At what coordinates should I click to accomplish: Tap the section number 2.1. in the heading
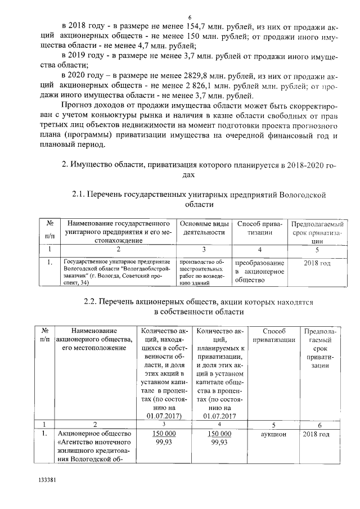83,195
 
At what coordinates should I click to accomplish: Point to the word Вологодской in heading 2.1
304,195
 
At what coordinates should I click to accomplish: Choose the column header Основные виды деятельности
204,228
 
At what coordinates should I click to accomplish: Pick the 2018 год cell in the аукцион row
319,435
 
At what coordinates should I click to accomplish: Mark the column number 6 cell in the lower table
319,424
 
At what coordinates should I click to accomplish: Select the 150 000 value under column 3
164,435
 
